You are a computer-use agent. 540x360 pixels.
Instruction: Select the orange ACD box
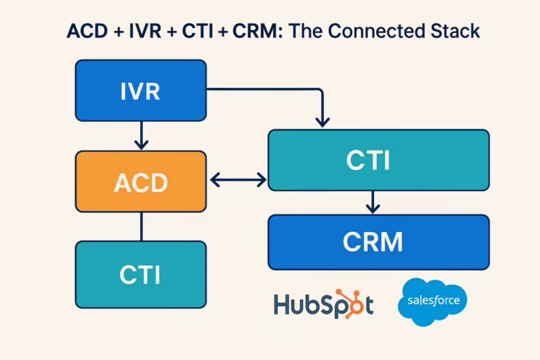tap(141, 182)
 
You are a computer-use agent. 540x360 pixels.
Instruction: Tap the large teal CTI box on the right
tap(378, 160)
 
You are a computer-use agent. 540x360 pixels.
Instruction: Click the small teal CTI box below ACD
tap(141, 274)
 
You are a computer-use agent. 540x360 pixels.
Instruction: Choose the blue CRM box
tap(378, 242)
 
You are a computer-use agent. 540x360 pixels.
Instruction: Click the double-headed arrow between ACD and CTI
tap(238, 181)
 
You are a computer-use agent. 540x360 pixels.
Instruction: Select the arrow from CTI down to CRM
tap(373, 202)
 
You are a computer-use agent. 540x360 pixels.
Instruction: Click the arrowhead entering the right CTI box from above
tap(322, 121)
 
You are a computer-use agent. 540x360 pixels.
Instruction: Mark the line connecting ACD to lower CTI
tap(141, 226)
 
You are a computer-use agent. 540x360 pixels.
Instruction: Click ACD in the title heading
tap(84, 32)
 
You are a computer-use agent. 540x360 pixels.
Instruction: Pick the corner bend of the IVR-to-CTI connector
tap(321, 90)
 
